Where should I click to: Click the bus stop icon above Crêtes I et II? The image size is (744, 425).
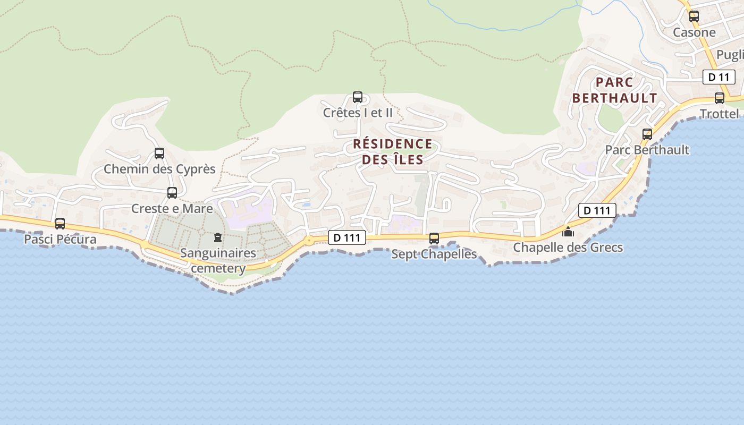click(x=358, y=97)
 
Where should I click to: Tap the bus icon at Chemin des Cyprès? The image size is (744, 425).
click(x=159, y=154)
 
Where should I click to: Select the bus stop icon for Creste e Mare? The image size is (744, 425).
click(x=172, y=193)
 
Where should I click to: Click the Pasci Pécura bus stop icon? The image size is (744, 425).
click(x=60, y=224)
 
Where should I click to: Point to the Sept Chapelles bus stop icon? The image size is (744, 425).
click(x=434, y=239)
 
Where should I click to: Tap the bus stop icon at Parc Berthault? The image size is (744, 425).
click(x=647, y=134)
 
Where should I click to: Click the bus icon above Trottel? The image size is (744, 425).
click(x=720, y=98)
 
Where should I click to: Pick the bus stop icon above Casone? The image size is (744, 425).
click(x=694, y=16)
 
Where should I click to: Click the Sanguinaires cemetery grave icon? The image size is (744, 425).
click(x=217, y=237)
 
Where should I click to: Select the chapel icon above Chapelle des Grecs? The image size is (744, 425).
click(x=568, y=232)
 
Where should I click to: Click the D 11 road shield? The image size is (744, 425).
click(x=718, y=77)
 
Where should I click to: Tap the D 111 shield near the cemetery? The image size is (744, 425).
click(x=348, y=237)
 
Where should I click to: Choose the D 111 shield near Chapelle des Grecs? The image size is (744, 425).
click(x=597, y=210)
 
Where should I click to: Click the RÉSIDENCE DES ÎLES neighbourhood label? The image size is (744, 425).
click(x=393, y=151)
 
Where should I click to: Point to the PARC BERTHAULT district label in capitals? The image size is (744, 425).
click(x=615, y=90)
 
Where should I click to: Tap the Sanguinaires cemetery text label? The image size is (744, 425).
click(x=218, y=260)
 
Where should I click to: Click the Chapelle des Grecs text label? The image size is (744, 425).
click(x=568, y=248)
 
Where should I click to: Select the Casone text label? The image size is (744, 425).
click(x=694, y=32)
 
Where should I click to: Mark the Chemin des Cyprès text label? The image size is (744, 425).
click(x=159, y=169)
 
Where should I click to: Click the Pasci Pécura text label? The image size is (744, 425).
click(x=60, y=239)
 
